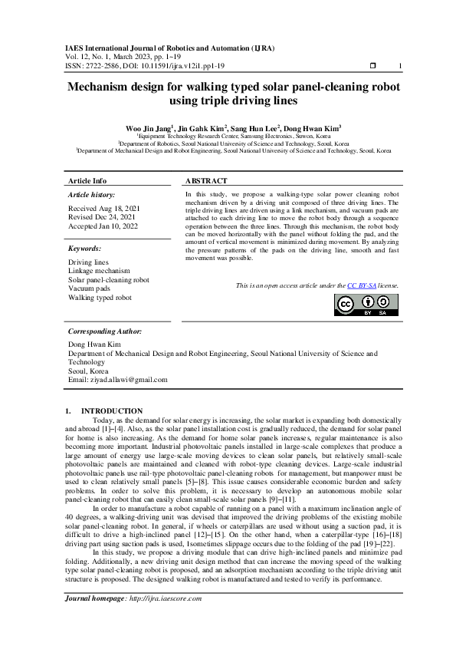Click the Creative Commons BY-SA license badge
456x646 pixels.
click(x=367, y=305)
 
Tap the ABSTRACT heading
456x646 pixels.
click(x=206, y=180)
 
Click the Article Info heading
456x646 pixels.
click(x=87, y=180)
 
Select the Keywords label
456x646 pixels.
click(x=85, y=249)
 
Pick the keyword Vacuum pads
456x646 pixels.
click(x=89, y=288)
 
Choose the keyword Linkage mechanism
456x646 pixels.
click(x=99, y=271)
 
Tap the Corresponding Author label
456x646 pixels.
click(x=105, y=331)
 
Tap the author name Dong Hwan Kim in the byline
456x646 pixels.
click(x=313, y=128)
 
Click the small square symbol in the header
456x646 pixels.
click(x=372, y=66)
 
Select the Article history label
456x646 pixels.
click(x=91, y=196)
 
